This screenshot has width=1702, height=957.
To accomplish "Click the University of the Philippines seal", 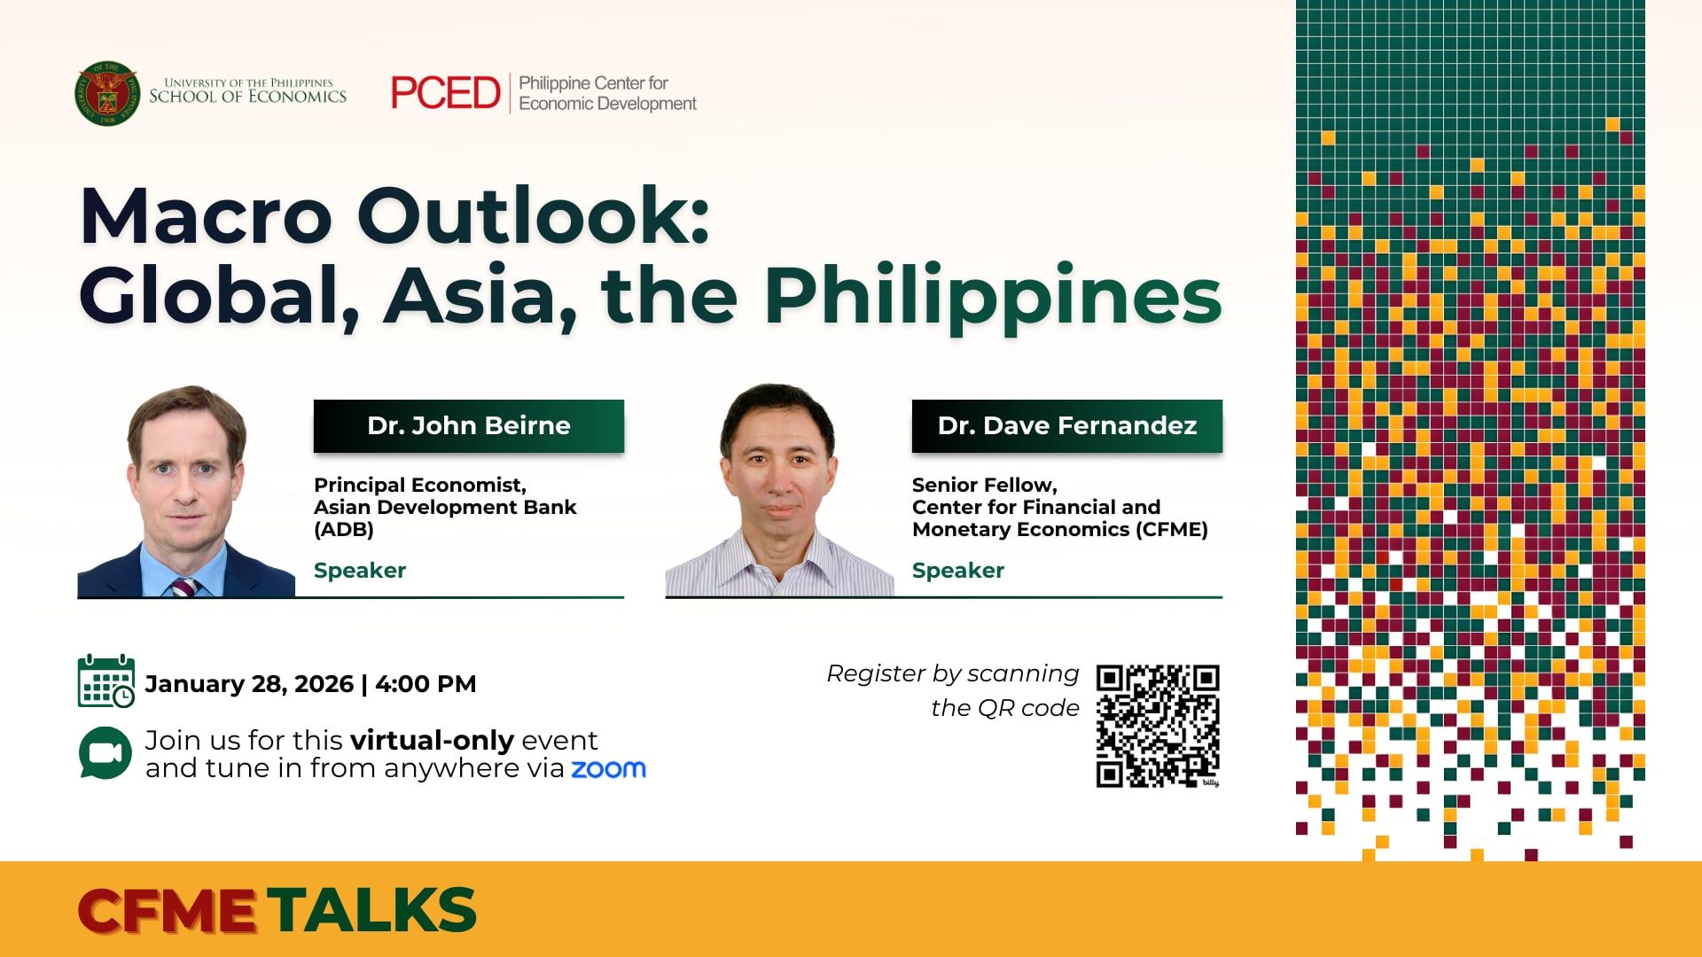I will [x=107, y=93].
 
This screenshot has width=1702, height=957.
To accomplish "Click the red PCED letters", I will [x=446, y=93].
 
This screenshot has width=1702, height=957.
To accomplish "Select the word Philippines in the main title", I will [x=993, y=295].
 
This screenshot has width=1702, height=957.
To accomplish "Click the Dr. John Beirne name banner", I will [x=469, y=426].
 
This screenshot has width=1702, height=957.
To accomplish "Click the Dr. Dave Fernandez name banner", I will [x=1066, y=426].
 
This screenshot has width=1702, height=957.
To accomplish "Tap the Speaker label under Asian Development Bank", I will [x=360, y=571].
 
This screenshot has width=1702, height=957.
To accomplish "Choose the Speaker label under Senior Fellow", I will [x=958, y=571].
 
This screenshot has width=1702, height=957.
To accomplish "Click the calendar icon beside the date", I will [x=106, y=681].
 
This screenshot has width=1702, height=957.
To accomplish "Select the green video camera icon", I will [x=105, y=753].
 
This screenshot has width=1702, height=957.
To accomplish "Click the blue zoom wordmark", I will [x=608, y=768].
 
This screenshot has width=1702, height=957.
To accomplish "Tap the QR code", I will [x=1158, y=726].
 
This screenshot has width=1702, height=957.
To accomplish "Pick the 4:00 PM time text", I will [x=425, y=684].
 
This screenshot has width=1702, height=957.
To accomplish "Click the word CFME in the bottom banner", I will [x=167, y=910].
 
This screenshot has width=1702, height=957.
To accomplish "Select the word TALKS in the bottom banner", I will [x=372, y=910].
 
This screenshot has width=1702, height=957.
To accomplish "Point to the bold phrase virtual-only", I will [x=432, y=740].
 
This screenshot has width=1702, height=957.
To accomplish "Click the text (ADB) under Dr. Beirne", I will [x=344, y=530].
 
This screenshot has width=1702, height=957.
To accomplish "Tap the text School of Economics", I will [x=247, y=97].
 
